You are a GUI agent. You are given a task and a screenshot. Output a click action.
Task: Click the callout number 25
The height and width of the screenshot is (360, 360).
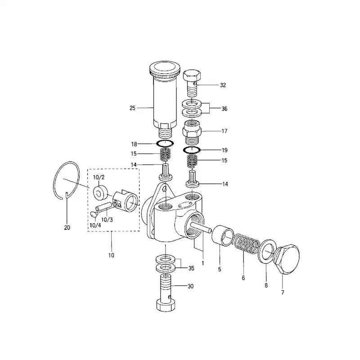132,108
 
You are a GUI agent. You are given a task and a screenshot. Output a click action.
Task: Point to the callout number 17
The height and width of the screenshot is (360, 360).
224,131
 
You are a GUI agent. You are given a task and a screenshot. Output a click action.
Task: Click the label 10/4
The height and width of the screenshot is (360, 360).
95,225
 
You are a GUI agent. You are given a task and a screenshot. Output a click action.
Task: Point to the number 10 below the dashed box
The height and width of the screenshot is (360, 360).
111,255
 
